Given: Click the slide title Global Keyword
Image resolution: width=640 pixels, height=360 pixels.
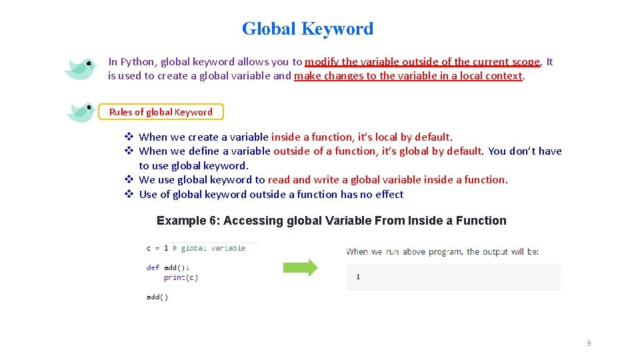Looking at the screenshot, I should tap(307, 29).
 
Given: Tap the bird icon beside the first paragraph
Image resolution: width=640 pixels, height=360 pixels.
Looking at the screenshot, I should tap(81, 67).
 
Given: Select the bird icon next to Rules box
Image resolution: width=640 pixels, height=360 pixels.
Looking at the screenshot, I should tap(81, 111).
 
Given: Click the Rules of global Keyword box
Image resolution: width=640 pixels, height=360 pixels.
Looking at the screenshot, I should tap(161, 112).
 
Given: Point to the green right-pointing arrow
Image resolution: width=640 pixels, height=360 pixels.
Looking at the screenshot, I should tap(301, 268).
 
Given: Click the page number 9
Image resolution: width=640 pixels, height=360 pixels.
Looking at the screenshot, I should tap(589, 343).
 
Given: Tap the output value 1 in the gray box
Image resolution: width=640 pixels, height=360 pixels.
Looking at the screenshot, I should tap(358, 276).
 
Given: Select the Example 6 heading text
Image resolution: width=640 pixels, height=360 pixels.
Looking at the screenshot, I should tap(331, 221).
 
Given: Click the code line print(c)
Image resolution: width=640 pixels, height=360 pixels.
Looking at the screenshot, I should tap(181, 277).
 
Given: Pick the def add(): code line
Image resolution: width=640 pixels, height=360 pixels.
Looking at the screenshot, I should tap(163, 267).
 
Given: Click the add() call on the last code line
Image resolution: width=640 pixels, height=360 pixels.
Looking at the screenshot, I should tap(157, 297).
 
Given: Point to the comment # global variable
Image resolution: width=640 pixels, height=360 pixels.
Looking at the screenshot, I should tap(209, 248).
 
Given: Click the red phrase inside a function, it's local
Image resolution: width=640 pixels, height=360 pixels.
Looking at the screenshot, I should tap(334, 137).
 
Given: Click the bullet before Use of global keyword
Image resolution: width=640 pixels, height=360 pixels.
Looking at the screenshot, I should tap(129, 195).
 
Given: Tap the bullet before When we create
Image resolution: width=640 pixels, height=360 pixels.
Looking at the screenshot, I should tap(129, 137).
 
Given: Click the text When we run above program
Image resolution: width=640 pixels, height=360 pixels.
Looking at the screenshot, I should tap(403, 251).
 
